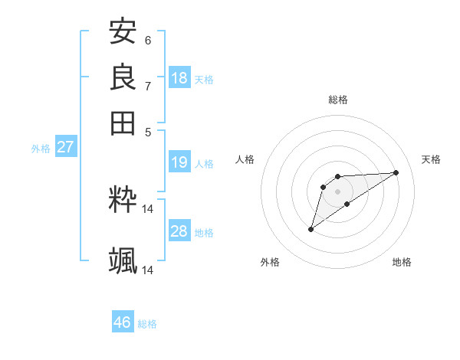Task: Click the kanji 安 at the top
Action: click(x=123, y=32)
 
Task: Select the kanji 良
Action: click(x=123, y=77)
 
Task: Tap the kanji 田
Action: click(x=123, y=123)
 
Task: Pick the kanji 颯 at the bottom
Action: click(x=123, y=261)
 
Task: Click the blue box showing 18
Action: click(x=179, y=78)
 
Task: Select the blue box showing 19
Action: click(x=179, y=162)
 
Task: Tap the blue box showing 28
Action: click(x=179, y=232)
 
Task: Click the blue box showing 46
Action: click(x=123, y=322)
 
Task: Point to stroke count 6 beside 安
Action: click(x=148, y=40)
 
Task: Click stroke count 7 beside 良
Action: click(x=148, y=86)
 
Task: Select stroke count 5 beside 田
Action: click(x=148, y=131)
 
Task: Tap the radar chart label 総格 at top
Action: click(x=338, y=100)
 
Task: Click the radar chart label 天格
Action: click(x=431, y=159)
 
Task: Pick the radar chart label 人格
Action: click(x=245, y=159)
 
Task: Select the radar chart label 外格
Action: click(x=270, y=262)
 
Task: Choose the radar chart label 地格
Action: click(x=402, y=262)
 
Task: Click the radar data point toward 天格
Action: click(x=396, y=172)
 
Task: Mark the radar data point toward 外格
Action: click(x=310, y=229)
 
